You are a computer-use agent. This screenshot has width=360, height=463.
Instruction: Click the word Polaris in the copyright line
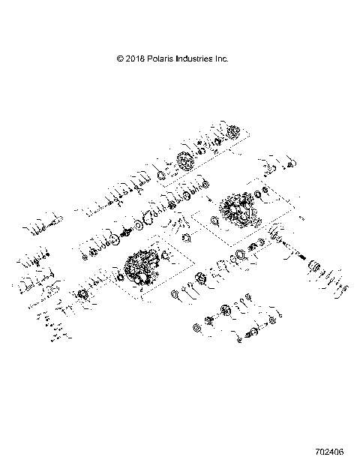pos(157,58)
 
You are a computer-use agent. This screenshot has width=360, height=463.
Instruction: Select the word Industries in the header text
pos(193,58)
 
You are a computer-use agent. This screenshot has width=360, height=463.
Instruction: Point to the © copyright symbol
pos(119,58)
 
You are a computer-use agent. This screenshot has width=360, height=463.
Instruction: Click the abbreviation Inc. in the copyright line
pos(221,58)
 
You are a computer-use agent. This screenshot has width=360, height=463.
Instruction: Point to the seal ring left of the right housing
pos(214,221)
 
